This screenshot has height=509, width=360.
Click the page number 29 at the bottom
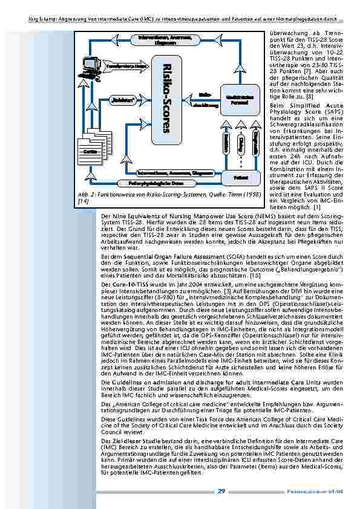pos(222,491)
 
